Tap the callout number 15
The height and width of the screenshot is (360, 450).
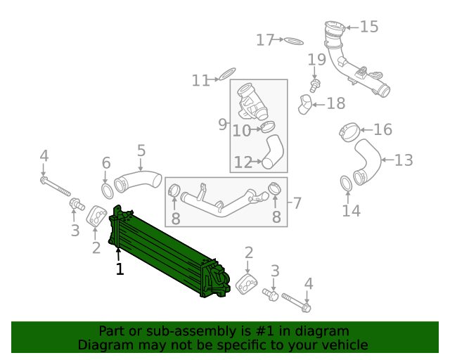(368, 27)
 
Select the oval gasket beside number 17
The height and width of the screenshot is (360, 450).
(294, 41)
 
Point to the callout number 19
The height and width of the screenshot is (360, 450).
(316, 60)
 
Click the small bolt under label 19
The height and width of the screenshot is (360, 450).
(315, 84)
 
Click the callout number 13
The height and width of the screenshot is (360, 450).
(403, 160)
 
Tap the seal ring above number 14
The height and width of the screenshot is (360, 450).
(346, 184)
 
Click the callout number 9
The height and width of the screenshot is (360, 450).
(222, 124)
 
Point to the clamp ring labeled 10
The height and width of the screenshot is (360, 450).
(267, 127)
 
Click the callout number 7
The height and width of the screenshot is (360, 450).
(297, 203)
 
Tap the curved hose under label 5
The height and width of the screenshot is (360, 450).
(137, 180)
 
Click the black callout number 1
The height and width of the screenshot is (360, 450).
(120, 269)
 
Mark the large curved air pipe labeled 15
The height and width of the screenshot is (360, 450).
(355, 67)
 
